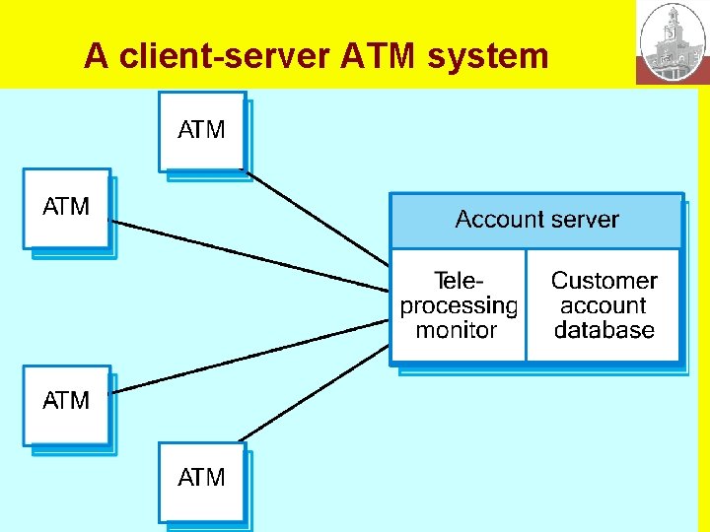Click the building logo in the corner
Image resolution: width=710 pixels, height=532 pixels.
(673, 42)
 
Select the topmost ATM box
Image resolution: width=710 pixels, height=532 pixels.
(202, 131)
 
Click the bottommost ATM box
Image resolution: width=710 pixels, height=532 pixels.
(202, 480)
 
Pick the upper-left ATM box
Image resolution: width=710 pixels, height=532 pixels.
(67, 208)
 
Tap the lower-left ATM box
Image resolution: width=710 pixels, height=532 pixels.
(67, 402)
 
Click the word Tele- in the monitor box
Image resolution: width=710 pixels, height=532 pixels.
(460, 282)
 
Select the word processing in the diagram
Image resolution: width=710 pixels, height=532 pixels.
(459, 306)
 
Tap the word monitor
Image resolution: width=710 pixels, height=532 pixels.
(457, 331)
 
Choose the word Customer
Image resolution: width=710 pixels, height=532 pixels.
(603, 282)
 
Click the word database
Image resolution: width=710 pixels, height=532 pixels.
(603, 331)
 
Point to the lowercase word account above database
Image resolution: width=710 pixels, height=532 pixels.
(603, 306)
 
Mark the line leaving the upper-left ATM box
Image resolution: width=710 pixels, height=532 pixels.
(247, 255)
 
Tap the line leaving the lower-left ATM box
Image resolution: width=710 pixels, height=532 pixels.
(247, 356)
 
